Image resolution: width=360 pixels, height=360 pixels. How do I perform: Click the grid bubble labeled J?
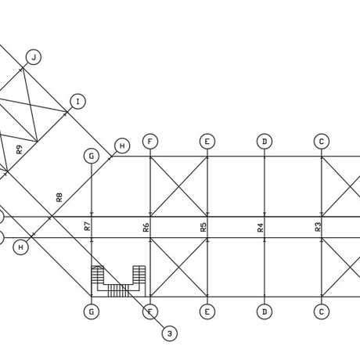click(34, 57)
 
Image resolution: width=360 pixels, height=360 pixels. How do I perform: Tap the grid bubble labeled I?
click(77, 102)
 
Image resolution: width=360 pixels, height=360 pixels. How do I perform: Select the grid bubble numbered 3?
click(170, 333)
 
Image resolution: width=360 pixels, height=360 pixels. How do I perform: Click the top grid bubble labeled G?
click(92, 156)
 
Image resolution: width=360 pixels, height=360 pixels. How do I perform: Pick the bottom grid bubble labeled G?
click(92, 311)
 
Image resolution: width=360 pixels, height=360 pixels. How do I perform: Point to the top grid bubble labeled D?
click(265, 142)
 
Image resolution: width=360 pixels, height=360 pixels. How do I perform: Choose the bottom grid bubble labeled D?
click(265, 311)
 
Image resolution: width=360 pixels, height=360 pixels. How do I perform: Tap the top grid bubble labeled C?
click(322, 142)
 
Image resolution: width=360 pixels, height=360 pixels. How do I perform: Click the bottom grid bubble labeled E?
click(207, 311)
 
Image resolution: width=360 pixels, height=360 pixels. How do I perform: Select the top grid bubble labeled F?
click(150, 142)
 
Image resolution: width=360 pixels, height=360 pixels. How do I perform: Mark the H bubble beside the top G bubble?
click(122, 146)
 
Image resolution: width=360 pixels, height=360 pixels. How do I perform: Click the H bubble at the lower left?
click(20, 247)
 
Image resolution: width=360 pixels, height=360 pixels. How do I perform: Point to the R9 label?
click(19, 149)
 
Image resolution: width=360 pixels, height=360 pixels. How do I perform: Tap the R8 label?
click(59, 197)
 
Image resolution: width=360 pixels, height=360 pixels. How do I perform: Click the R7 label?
click(88, 226)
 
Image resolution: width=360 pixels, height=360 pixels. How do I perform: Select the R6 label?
click(146, 228)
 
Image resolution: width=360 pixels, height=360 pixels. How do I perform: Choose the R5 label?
click(203, 227)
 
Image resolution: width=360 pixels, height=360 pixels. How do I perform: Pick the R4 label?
click(261, 228)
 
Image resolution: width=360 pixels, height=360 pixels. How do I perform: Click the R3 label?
click(318, 227)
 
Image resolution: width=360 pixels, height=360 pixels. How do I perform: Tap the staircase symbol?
click(118, 281)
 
